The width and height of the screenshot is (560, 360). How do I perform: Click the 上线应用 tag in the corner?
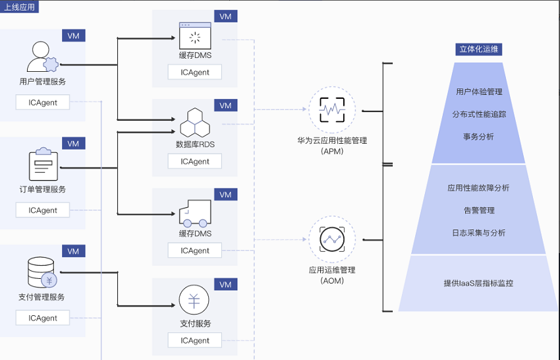tap(19, 7)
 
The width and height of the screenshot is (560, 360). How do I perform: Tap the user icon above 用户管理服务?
tap(42, 57)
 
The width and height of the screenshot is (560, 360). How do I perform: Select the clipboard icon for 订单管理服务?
tap(43, 164)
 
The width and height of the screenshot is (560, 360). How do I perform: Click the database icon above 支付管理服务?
tap(42, 272)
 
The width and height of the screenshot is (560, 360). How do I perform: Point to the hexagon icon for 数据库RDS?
tap(194, 123)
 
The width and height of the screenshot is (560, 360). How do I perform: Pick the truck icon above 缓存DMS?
tap(195, 214)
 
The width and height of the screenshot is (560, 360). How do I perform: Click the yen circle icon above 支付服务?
tap(194, 299)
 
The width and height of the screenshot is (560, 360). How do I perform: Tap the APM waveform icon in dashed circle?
tap(332, 109)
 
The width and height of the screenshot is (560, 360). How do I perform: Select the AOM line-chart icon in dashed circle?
tap(332, 239)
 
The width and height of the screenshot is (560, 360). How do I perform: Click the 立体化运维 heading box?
tap(478, 49)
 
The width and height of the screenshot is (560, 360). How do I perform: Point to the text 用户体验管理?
tap(479, 92)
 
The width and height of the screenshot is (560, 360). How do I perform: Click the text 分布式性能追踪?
tap(479, 115)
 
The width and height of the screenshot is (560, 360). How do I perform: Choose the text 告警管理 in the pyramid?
tap(479, 210)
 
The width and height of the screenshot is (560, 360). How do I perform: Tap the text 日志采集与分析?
tap(478, 233)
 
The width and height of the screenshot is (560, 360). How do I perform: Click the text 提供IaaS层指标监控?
tap(478, 283)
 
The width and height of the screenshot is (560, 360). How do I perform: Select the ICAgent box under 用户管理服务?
tap(43, 103)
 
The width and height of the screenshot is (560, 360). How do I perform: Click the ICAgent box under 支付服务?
tap(194, 340)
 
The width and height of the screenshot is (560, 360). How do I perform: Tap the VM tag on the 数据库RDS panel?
tap(226, 105)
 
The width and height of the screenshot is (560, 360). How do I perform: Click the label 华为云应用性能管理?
tap(332, 140)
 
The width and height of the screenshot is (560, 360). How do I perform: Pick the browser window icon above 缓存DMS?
tap(195, 36)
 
